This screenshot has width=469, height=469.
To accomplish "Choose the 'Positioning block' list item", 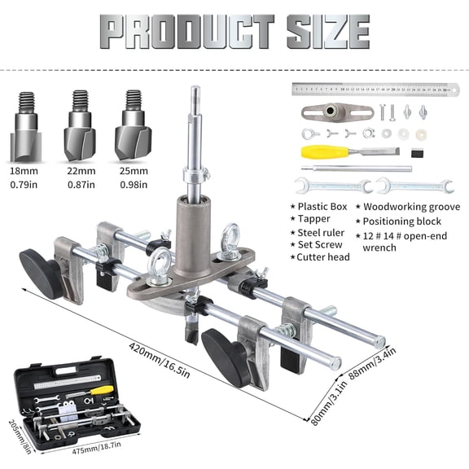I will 402,221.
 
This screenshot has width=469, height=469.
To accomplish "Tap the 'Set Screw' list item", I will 319,244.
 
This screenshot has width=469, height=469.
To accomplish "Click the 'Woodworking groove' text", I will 411,207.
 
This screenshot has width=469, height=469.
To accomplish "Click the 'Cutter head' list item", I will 323,257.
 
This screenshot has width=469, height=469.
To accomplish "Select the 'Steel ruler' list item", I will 322,232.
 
